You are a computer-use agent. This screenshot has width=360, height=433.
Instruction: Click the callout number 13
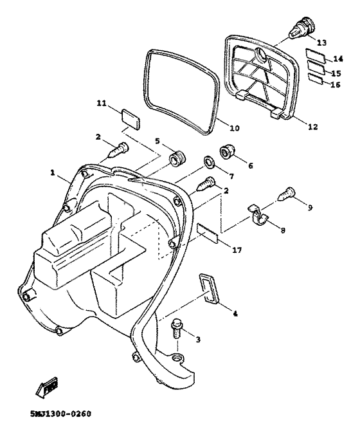321,42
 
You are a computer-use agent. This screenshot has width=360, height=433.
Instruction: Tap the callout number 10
234,128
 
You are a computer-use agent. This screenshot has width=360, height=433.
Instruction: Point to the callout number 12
312,127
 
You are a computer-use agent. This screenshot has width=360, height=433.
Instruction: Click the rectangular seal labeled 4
209,286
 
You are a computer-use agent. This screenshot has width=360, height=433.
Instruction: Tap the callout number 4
235,314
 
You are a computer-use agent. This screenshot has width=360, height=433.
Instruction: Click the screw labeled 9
286,193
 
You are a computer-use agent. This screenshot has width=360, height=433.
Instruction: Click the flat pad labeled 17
208,232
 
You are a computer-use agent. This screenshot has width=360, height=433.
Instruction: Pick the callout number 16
335,85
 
